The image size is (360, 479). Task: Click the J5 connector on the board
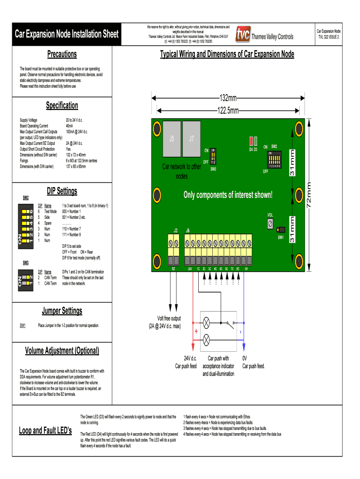[172, 139]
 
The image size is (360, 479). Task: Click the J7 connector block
[191, 139]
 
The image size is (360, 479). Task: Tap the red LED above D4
[251, 141]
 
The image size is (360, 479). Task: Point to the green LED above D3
[256, 141]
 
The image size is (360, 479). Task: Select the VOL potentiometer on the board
[270, 225]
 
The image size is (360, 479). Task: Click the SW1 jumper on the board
[281, 230]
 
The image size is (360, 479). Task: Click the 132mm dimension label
[228, 98]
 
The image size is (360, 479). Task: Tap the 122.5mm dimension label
[228, 111]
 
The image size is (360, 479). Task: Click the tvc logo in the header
[243, 34]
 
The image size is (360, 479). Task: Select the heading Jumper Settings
[62, 311]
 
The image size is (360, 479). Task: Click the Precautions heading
[62, 54]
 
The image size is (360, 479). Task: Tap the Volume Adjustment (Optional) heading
[62, 351]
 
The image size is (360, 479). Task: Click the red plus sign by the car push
[195, 331]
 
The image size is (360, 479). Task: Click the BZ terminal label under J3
[173, 269]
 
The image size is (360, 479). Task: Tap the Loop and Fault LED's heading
[45, 430]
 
